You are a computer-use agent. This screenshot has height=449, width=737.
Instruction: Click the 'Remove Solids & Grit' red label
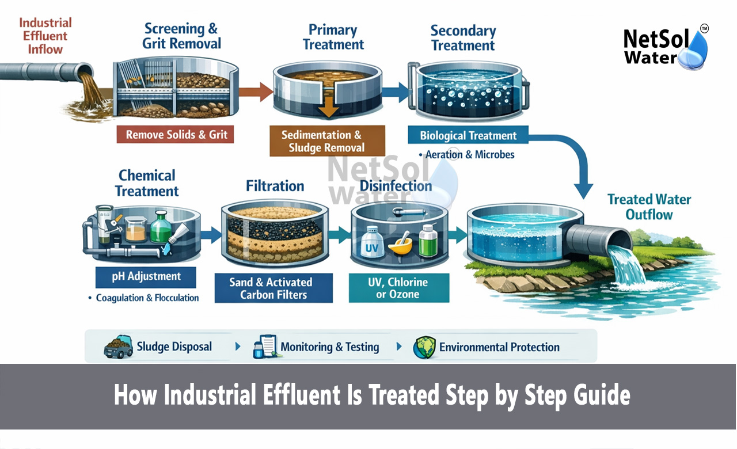point(177,135)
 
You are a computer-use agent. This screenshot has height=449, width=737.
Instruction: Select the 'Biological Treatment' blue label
point(468,136)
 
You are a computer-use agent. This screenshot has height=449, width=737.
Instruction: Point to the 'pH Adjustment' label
point(146,277)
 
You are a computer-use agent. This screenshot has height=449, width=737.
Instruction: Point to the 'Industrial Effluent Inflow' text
point(45,36)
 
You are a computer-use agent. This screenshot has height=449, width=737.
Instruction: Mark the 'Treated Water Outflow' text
point(649,207)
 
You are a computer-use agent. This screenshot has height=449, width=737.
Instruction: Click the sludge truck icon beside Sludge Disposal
point(117,347)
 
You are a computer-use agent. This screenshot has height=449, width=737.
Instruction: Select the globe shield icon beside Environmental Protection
point(424,347)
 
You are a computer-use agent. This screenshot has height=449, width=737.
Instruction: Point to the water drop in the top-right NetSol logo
point(694,52)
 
